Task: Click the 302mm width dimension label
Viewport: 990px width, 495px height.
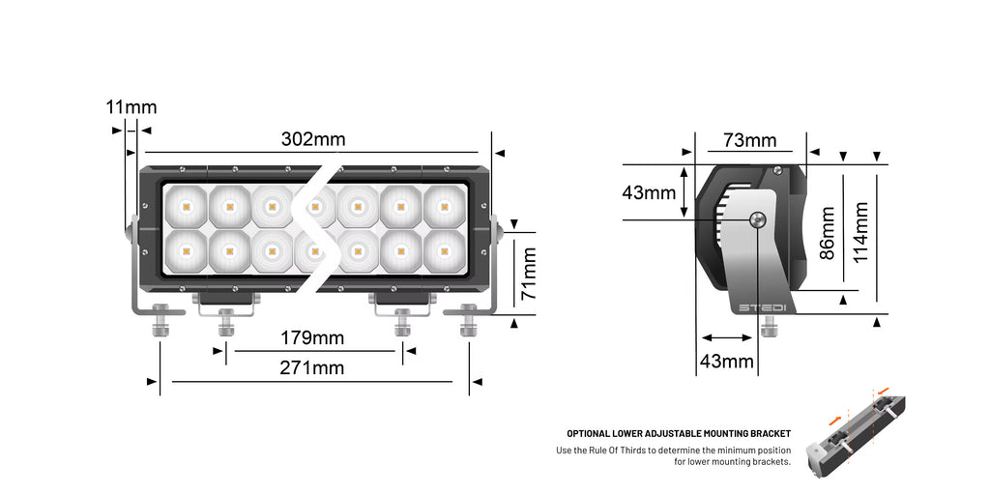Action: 313,139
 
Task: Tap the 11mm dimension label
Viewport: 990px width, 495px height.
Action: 131,107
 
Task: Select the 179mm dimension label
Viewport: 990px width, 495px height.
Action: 312,337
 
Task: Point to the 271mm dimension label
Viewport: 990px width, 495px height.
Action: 312,367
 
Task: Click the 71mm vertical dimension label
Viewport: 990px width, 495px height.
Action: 529,274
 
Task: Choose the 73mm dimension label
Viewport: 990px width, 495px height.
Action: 750,140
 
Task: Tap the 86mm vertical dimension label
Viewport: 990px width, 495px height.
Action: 827,233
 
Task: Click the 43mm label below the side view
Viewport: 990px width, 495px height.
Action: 726,362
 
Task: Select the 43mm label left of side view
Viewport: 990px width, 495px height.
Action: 649,192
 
